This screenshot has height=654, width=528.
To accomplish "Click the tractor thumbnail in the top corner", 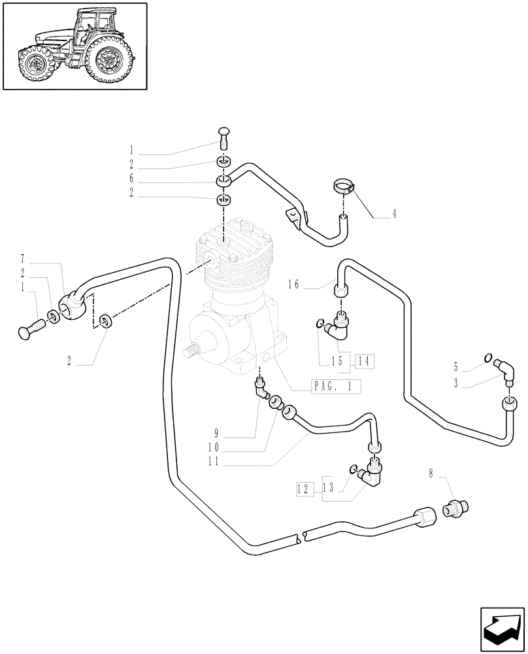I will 74,46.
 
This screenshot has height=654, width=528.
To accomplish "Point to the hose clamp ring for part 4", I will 344,186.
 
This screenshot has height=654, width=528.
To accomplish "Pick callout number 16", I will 293,284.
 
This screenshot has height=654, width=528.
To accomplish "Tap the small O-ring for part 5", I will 487,356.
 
